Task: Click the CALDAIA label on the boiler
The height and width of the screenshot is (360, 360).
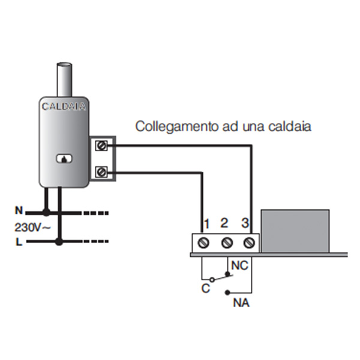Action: click(x=64, y=107)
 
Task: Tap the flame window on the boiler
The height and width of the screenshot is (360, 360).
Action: click(x=64, y=159)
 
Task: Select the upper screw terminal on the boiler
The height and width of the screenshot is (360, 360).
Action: click(x=101, y=145)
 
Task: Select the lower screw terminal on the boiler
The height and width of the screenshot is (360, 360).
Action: click(x=101, y=173)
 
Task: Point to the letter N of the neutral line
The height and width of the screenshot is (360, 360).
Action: click(x=19, y=211)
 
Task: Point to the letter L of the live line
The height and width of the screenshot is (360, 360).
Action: click(x=19, y=242)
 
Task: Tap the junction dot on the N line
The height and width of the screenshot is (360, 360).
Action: click(x=46, y=212)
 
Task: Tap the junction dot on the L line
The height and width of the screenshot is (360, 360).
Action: click(x=59, y=242)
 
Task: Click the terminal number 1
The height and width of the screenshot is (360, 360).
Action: click(x=206, y=224)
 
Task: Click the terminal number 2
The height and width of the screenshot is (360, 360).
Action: click(x=224, y=224)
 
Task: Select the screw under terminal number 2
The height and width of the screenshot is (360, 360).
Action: click(x=227, y=243)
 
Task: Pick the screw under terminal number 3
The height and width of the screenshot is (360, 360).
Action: click(x=248, y=243)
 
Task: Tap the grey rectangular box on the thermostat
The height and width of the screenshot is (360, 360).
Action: click(x=296, y=230)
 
